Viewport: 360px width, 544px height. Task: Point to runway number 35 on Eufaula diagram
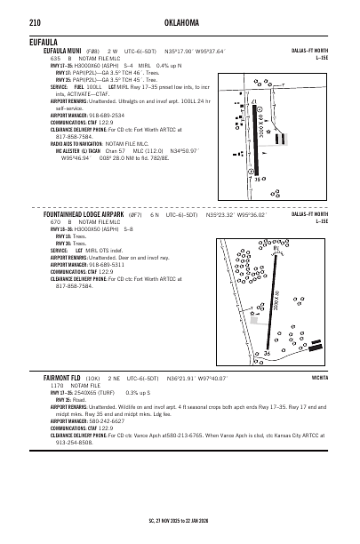coord(259,180)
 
